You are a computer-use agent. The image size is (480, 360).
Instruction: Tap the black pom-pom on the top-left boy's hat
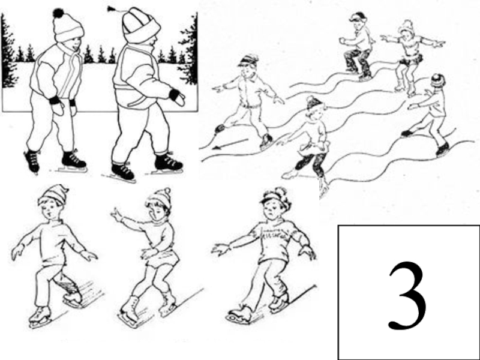[58, 13]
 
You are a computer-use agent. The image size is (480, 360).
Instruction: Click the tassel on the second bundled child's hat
[110, 8]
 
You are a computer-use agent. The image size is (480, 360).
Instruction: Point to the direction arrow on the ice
[230, 143]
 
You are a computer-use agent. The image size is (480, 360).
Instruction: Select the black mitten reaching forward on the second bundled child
[177, 97]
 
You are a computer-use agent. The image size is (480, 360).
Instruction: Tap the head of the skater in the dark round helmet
[438, 81]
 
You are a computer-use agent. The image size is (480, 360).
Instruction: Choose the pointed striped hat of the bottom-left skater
[54, 194]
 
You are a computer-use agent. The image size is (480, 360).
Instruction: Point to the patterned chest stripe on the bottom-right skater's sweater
[275, 234]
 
